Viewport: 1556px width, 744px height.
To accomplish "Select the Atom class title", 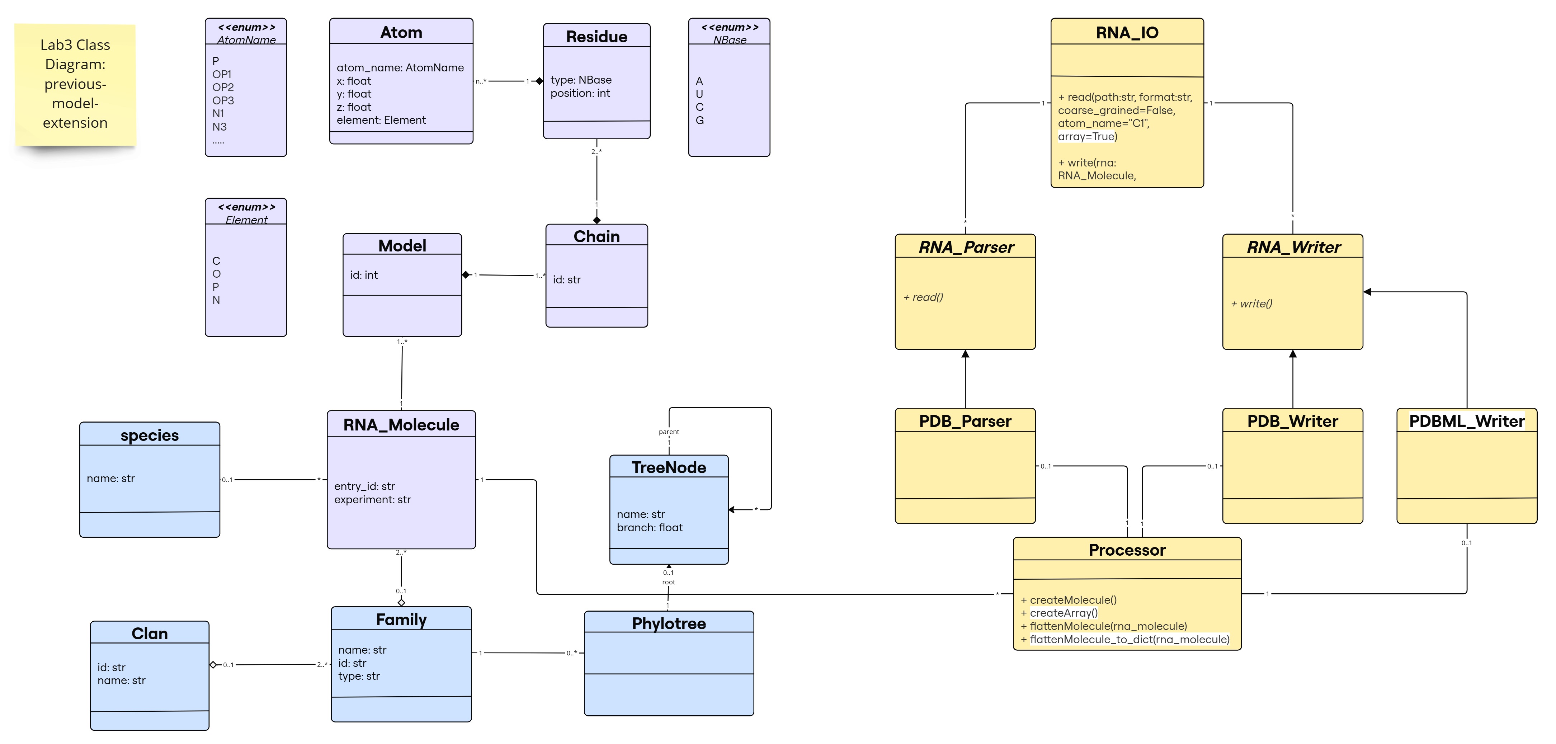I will (401, 33).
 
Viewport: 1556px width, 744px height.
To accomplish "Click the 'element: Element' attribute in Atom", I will (381, 120).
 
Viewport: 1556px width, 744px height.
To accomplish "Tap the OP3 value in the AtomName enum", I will (223, 100).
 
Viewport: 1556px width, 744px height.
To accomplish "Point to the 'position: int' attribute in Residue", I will (580, 93).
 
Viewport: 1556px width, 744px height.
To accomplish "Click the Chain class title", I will (596, 236).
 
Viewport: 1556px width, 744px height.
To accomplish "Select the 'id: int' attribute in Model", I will (364, 275).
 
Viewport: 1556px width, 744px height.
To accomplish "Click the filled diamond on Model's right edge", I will (466, 275).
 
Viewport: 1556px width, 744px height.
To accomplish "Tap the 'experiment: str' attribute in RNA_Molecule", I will (372, 499).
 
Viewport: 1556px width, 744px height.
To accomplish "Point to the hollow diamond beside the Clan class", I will (213, 665).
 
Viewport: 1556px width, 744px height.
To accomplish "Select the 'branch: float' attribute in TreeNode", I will (649, 527).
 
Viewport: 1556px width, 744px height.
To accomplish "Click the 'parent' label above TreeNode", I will (669, 432).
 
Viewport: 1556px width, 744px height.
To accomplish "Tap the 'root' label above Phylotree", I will (668, 582).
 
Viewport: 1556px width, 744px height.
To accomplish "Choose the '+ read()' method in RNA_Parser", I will (923, 297).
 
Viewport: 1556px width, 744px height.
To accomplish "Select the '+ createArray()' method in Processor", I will (1059, 613).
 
